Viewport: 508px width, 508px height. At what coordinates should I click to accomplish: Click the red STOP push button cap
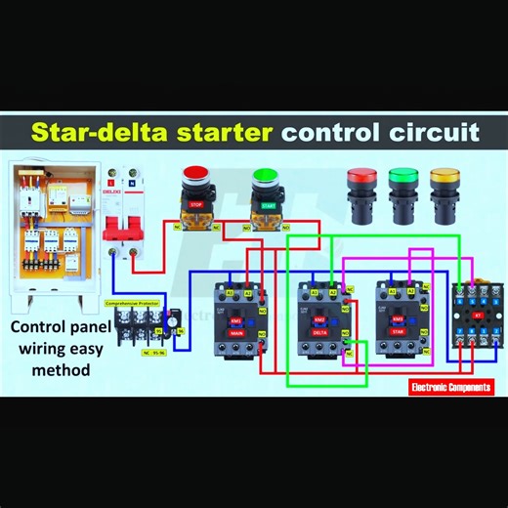pos(196,178)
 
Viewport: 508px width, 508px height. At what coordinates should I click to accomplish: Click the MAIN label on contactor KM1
pos(235,333)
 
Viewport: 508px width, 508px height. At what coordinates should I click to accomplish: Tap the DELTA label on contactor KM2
pos(318,333)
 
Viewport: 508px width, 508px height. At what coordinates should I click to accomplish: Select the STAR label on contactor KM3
pos(399,333)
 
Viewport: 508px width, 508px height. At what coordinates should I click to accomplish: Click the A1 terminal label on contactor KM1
pos(230,291)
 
